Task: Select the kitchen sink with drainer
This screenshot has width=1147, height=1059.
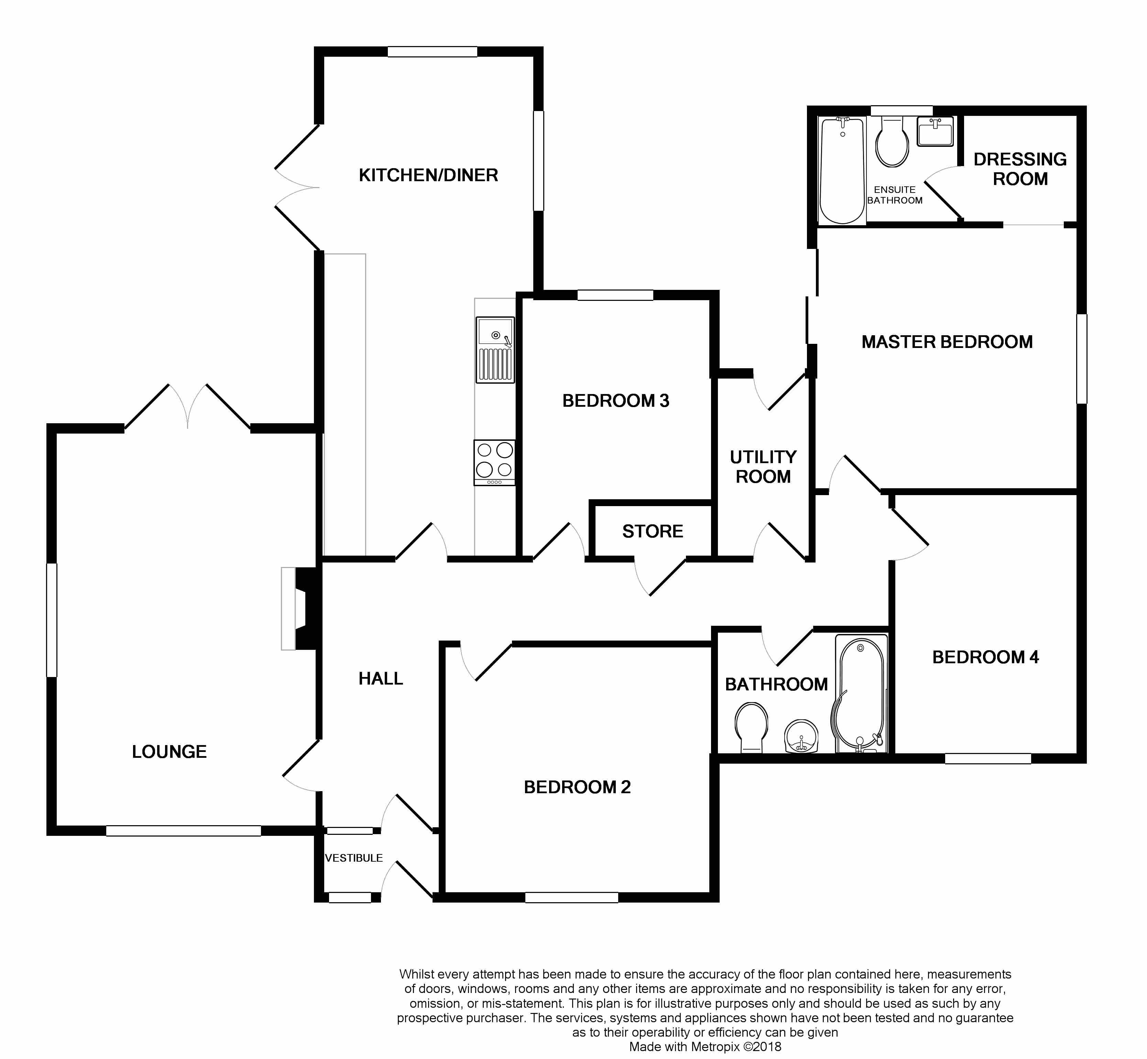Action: pyautogui.click(x=495, y=350)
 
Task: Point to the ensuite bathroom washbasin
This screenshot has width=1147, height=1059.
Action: pyautogui.click(x=936, y=131)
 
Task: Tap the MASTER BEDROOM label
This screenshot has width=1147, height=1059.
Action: pyautogui.click(x=947, y=342)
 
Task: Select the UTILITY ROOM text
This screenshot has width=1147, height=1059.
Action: pyautogui.click(x=763, y=467)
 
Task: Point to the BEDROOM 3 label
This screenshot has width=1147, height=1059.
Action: pyautogui.click(x=616, y=401)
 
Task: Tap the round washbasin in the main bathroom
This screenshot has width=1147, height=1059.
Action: pyautogui.click(x=801, y=736)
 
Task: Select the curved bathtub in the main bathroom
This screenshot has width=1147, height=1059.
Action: pyautogui.click(x=861, y=694)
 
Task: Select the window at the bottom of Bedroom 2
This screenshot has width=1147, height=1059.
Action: pyautogui.click(x=572, y=897)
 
